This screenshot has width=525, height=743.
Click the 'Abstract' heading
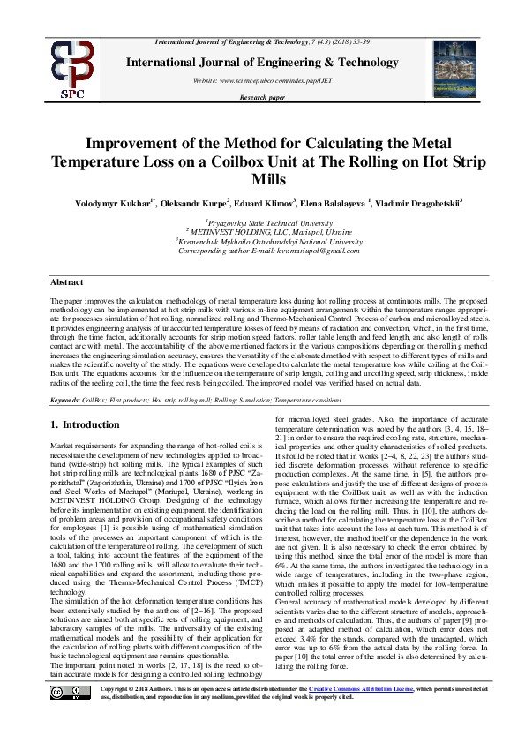[66, 282]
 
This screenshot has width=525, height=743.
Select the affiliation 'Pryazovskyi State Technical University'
[264, 225]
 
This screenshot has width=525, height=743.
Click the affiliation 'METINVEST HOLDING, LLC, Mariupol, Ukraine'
[264, 233]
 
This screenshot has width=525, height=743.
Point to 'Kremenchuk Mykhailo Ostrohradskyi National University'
[264, 241]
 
